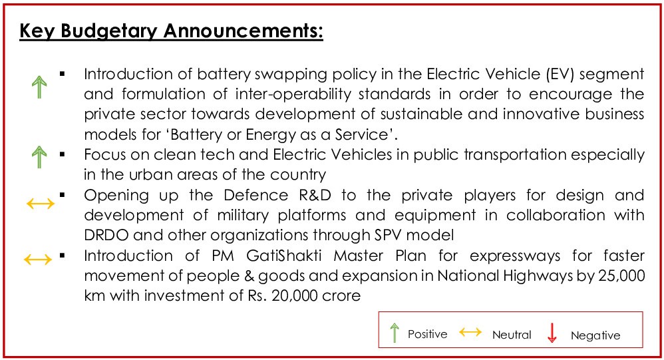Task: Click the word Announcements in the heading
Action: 243,31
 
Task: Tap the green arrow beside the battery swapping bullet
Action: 39,87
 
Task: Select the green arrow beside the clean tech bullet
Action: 39,156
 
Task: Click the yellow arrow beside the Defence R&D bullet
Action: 41,204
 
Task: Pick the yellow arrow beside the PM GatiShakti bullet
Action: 38,260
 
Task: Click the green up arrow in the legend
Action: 395,333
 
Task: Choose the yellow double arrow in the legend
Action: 470,332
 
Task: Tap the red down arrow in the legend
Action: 552,333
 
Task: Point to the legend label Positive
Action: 427,334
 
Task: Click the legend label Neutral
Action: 512,335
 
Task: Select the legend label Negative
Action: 595,335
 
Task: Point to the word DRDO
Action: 106,235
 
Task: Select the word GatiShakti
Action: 283,256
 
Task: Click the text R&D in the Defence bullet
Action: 315,195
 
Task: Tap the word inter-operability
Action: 293,94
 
